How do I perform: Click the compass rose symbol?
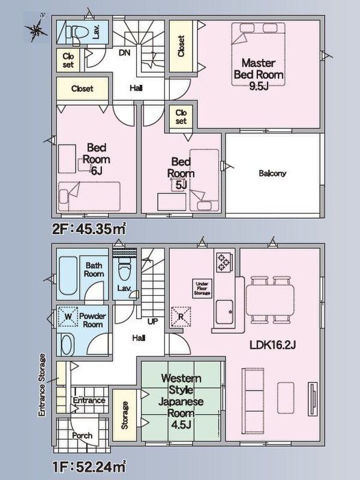coord(36,28)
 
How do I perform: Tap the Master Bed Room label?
coord(259,69)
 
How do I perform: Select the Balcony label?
coord(272,173)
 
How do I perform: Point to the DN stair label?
coord(124,53)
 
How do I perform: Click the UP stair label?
coord(152,322)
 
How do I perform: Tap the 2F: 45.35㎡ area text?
coord(89,229)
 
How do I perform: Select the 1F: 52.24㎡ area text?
coord(89,467)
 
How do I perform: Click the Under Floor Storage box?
coord(202,289)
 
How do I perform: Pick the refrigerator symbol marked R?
coord(181,317)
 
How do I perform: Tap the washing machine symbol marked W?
coord(68,316)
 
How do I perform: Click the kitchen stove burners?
coord(223,262)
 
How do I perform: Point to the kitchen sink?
coord(224,312)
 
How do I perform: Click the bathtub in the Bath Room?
coord(68,275)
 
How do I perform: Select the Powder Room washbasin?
coord(68,344)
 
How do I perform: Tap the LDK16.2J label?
coord(273,346)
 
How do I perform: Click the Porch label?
coord(82,436)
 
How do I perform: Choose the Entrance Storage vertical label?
coord(42,385)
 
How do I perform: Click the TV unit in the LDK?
coord(313,399)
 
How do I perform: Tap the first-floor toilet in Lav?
coord(124,269)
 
